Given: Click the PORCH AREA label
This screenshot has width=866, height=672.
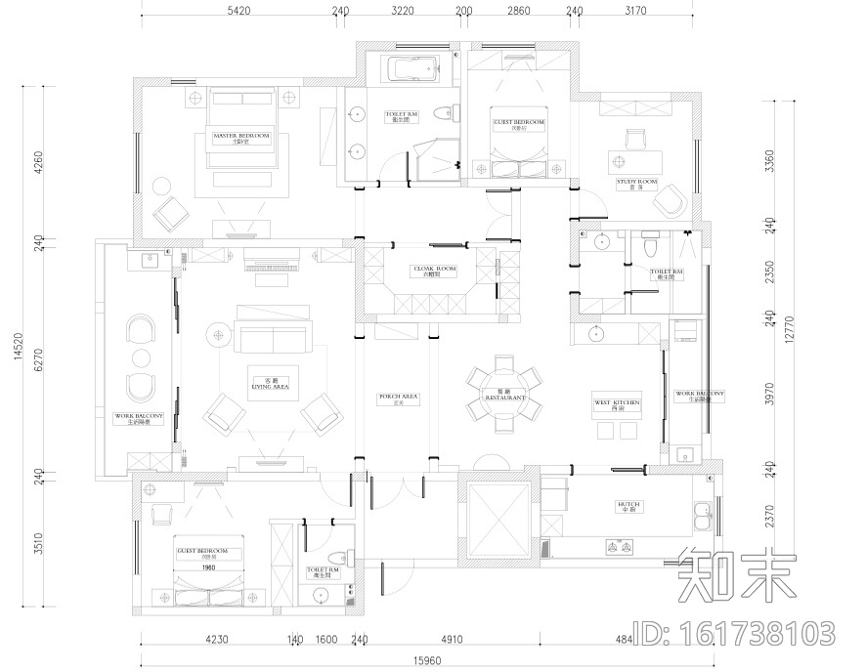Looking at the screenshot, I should point(398,398).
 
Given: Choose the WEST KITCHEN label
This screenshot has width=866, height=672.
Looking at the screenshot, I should point(617,404).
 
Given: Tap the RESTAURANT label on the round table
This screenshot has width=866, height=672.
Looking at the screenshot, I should point(504,398).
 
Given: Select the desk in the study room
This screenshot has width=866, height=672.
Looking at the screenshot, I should point(634,160).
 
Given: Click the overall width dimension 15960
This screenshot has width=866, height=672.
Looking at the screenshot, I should point(427,660).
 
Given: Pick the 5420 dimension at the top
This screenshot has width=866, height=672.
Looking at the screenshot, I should point(238,12).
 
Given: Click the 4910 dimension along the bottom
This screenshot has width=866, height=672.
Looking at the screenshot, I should point(451,642).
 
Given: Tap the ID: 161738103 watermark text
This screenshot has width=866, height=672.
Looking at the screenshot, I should point(736,632).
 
